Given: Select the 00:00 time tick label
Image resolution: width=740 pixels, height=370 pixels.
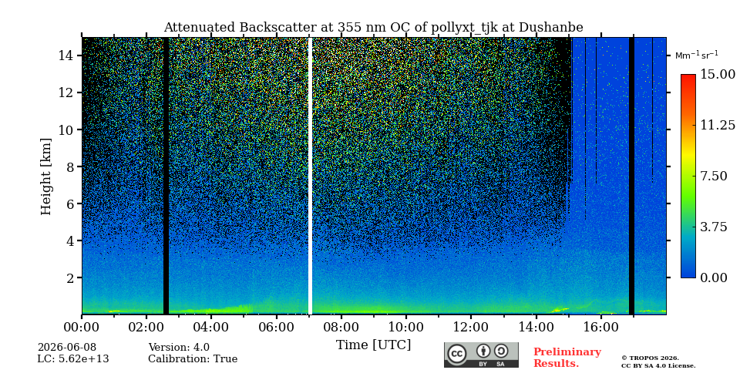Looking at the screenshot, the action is click(x=82, y=327).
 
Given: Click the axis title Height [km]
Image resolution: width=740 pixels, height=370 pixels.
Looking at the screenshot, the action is click(x=45, y=177).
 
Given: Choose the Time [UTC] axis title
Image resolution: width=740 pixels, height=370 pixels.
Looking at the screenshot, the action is click(x=373, y=345).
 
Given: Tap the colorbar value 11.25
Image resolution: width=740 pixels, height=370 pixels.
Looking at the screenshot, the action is click(x=717, y=125).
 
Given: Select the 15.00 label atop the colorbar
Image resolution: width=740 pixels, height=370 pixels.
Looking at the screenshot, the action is click(x=717, y=75).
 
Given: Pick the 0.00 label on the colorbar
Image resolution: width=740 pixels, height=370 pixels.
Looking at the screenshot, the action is click(x=714, y=277).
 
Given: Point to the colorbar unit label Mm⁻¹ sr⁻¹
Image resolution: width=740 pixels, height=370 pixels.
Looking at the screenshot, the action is click(x=697, y=55).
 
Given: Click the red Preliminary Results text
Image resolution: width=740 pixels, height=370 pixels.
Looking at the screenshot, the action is click(x=567, y=358).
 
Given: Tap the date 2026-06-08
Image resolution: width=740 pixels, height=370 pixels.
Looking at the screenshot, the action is click(x=67, y=348).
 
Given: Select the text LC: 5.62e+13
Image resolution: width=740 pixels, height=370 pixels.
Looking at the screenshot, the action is click(x=73, y=359).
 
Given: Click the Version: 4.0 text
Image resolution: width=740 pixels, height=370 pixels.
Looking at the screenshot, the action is click(x=179, y=348).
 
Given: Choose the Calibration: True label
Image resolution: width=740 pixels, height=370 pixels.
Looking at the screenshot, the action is click(x=193, y=359).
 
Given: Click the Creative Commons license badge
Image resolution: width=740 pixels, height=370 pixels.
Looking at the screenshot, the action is click(x=481, y=355).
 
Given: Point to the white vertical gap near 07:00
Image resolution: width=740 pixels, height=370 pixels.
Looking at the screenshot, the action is click(x=310, y=176).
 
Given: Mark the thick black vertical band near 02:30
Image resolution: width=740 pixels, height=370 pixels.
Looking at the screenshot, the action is click(x=166, y=176).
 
